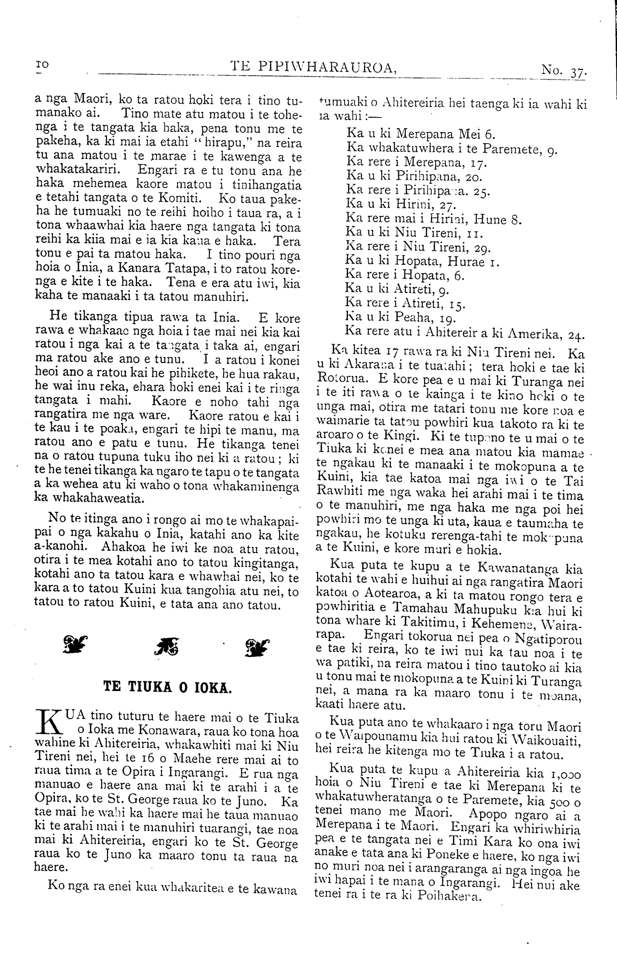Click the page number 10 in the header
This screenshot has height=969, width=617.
tap(42, 65)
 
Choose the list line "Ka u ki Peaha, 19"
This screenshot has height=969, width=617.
tap(401, 318)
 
